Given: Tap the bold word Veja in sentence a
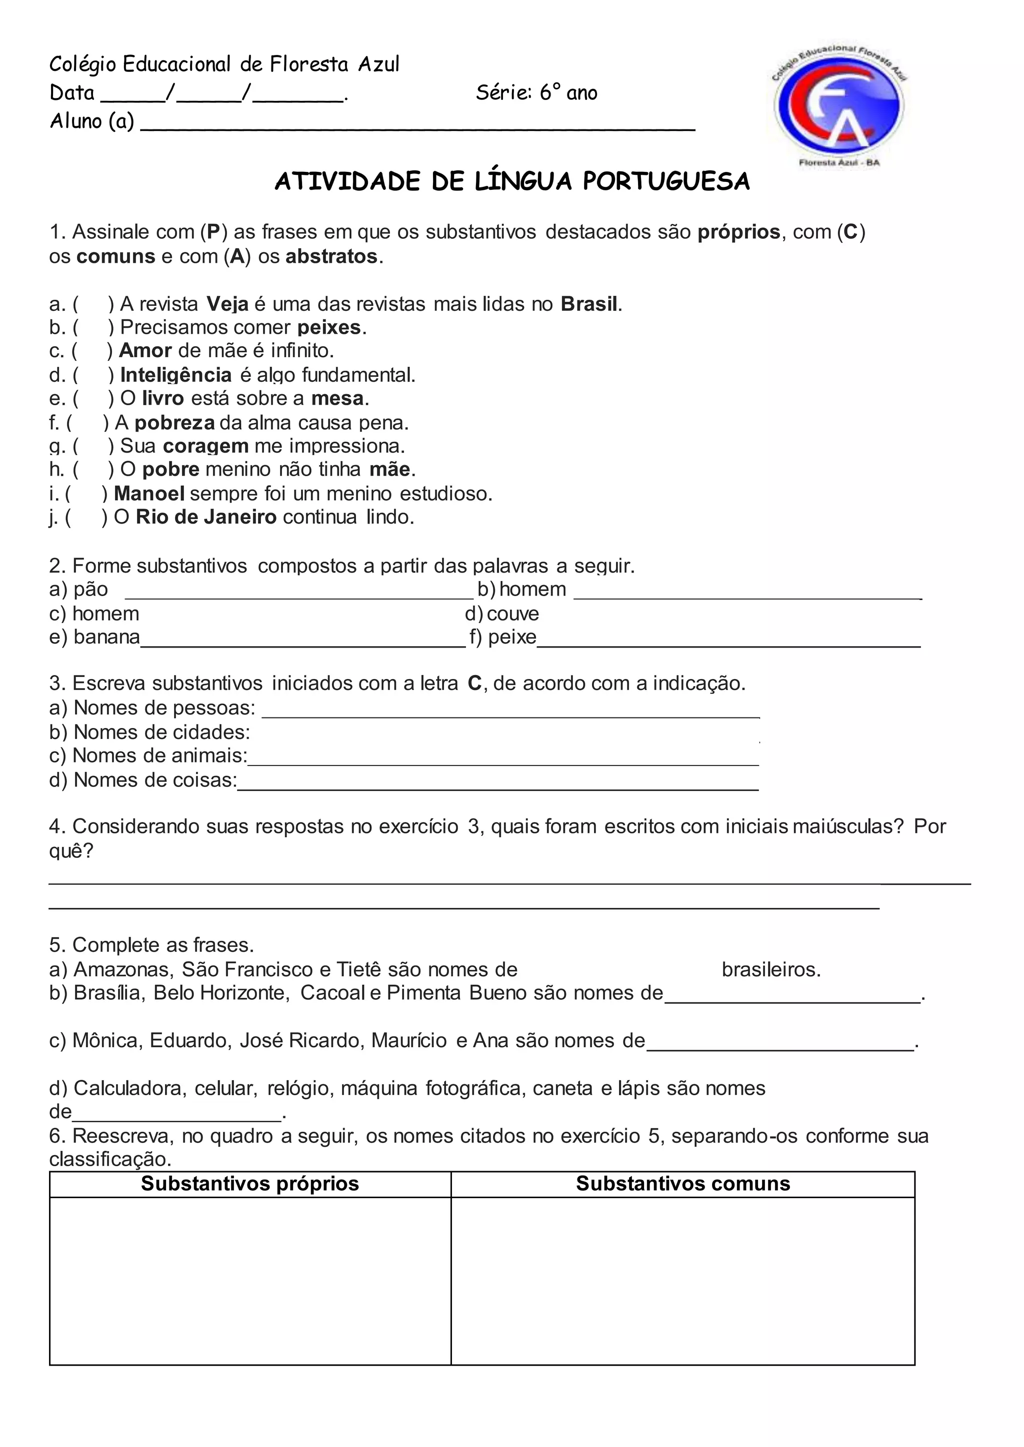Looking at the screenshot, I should (227, 304).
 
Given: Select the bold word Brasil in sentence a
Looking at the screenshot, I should (589, 304).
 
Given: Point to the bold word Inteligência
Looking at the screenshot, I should (176, 375).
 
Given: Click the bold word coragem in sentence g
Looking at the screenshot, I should (205, 446).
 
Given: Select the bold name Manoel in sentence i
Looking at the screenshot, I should (149, 494).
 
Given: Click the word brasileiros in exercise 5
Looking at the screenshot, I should (770, 969).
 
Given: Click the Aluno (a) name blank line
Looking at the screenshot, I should (417, 123).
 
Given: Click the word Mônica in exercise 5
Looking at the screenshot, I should (108, 1040).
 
